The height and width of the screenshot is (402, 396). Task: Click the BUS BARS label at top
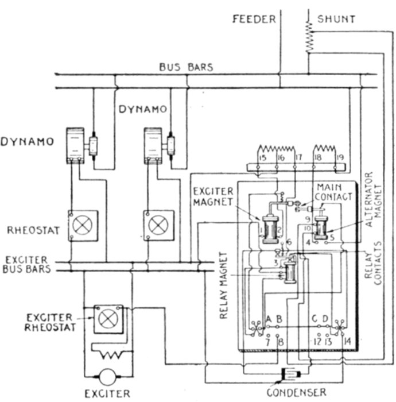click(185, 67)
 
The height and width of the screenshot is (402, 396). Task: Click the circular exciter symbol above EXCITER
click(107, 377)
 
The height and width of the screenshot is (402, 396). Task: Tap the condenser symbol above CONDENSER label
click(288, 377)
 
